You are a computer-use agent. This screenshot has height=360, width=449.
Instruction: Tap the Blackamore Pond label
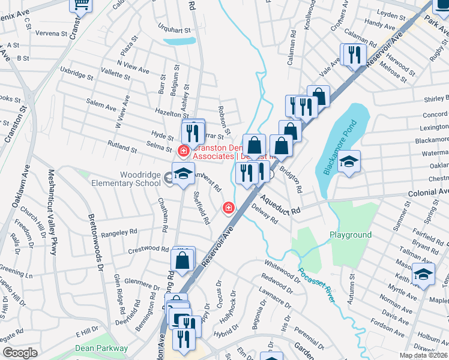click(x=340, y=148)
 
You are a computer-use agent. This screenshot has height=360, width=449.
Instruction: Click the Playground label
click(x=350, y=235)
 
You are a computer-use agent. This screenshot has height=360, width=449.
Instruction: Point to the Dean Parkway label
click(x=101, y=348)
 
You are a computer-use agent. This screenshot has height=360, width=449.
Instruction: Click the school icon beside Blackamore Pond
click(x=348, y=161)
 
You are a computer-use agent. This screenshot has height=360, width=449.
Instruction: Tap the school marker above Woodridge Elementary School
click(x=183, y=174)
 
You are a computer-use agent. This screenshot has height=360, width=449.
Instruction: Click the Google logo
click(x=20, y=353)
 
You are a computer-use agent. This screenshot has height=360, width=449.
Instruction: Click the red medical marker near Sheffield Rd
click(x=228, y=208)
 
